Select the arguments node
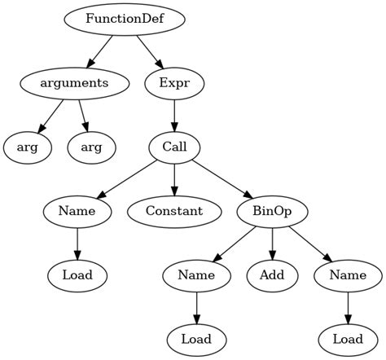tap(74, 83)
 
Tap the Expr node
tap(174, 83)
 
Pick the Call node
tap(174, 147)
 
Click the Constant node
tap(174, 211)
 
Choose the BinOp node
tap(272, 211)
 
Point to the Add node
tap(272, 275)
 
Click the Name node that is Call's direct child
tap(77, 211)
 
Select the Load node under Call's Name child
tap(77, 275)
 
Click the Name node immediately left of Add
tap(196, 275)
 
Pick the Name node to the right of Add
tap(348, 275)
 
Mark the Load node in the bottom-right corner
tap(348, 339)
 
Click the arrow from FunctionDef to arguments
tap(101, 50)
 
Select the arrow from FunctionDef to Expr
tap(149, 50)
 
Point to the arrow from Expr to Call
tap(174, 115)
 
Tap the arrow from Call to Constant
tap(174, 179)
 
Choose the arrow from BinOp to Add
tap(272, 243)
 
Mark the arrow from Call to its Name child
tap(126, 179)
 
